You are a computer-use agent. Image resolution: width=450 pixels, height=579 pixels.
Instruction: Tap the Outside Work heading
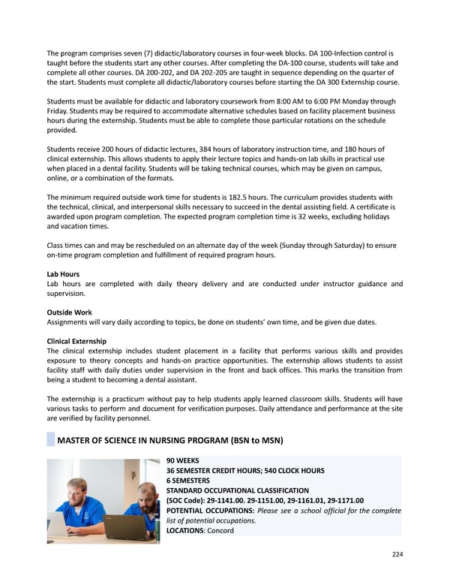click(x=70, y=312)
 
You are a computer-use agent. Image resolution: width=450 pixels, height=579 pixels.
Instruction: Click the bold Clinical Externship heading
click(x=76, y=341)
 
